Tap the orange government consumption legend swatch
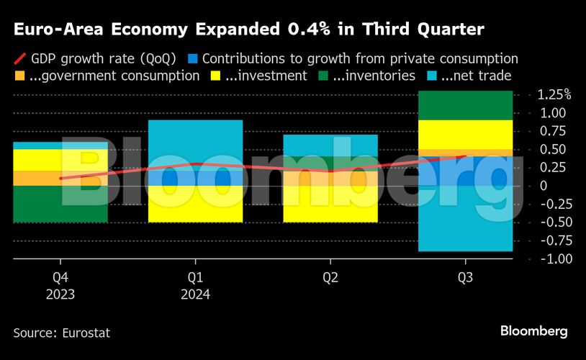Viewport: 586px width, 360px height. click(20, 76)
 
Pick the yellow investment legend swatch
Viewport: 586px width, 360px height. click(215, 76)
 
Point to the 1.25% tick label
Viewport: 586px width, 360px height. click(554, 95)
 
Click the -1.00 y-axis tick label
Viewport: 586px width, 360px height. click(555, 258)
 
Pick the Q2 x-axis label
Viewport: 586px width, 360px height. click(330, 277)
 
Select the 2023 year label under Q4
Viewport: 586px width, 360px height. click(60, 294)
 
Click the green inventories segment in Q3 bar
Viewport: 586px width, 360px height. click(465, 105)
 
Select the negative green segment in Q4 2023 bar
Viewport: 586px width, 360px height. click(60, 204)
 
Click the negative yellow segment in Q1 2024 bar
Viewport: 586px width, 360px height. click(195, 204)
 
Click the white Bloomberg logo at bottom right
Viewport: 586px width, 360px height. click(533, 331)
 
